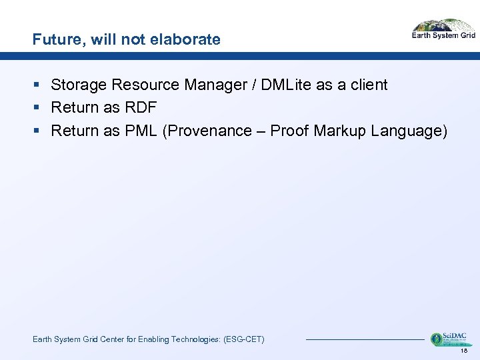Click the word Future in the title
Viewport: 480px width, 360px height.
[x=55, y=40]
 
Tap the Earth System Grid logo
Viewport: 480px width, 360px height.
[x=443, y=30]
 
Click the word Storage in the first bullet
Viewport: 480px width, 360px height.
[x=79, y=85]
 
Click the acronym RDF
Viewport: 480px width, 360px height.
[x=140, y=108]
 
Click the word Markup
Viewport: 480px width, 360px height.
[x=340, y=131]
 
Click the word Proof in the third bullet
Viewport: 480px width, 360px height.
[x=289, y=131]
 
